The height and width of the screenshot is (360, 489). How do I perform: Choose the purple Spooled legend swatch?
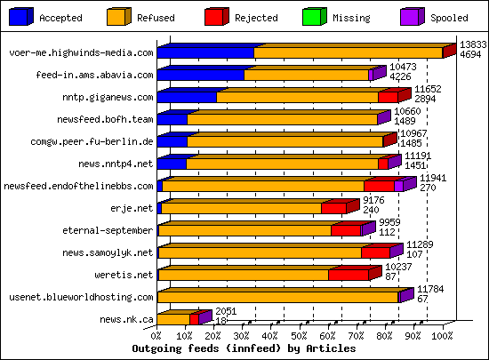coord(410,17)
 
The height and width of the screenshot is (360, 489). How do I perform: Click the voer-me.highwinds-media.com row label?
coord(81,53)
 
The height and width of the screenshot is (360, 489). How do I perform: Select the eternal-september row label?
coord(112,230)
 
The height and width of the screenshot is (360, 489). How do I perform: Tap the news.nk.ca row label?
coord(126,319)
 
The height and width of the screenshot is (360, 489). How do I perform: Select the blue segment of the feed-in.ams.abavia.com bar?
coord(201,76)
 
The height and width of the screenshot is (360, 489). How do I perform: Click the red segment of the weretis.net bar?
coord(348,275)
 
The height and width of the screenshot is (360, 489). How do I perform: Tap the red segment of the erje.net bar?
coord(333,209)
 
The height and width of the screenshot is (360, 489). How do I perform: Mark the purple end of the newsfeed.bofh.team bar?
coord(383,119)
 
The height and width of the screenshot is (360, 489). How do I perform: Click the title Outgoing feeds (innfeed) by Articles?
coord(231,349)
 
